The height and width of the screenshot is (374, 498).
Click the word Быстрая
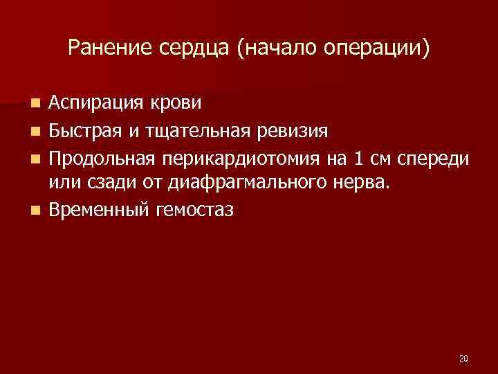point(85,130)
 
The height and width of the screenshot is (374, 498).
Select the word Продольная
point(103,157)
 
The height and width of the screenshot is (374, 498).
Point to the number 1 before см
point(358,157)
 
